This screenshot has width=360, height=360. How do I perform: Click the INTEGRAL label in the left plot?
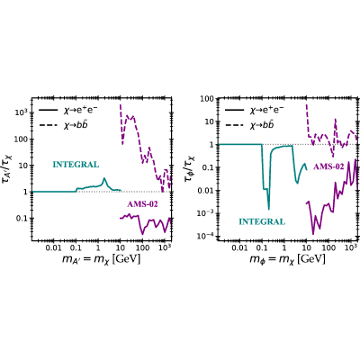[76, 165]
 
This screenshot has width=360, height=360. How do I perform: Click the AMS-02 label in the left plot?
[142, 204]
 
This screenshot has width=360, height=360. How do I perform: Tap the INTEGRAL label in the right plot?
[262, 221]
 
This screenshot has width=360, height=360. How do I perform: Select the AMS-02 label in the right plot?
[328, 166]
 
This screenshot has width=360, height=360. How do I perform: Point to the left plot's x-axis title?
[101, 258]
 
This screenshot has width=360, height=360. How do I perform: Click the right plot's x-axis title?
[287, 258]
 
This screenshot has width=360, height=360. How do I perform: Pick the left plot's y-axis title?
[10, 168]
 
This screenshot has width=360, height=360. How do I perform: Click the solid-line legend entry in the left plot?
[68, 111]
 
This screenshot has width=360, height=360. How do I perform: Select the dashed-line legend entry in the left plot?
[64, 125]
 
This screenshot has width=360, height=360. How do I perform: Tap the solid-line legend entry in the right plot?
[255, 111]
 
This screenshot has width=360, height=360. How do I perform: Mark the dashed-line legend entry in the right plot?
[249, 125]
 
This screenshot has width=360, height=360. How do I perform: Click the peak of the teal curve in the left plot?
[104, 178]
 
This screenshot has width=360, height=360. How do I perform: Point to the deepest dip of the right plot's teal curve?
[269, 209]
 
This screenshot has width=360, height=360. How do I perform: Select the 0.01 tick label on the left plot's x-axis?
[53, 247]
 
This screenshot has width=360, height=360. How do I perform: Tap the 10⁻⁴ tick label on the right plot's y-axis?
[205, 237]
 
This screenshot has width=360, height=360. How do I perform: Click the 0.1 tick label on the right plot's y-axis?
[208, 167]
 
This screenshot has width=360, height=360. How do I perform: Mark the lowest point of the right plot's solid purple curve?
[313, 234]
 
